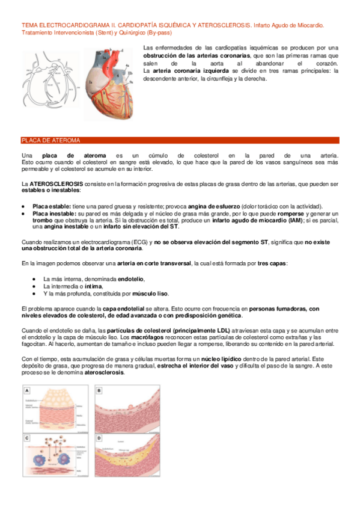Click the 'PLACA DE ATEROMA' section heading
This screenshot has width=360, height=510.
[50, 140]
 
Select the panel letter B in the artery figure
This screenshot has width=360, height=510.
[99, 390]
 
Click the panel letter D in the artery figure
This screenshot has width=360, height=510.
[99, 437]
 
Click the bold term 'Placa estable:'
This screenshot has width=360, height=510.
[52, 206]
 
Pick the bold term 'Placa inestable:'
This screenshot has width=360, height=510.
[55, 214]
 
